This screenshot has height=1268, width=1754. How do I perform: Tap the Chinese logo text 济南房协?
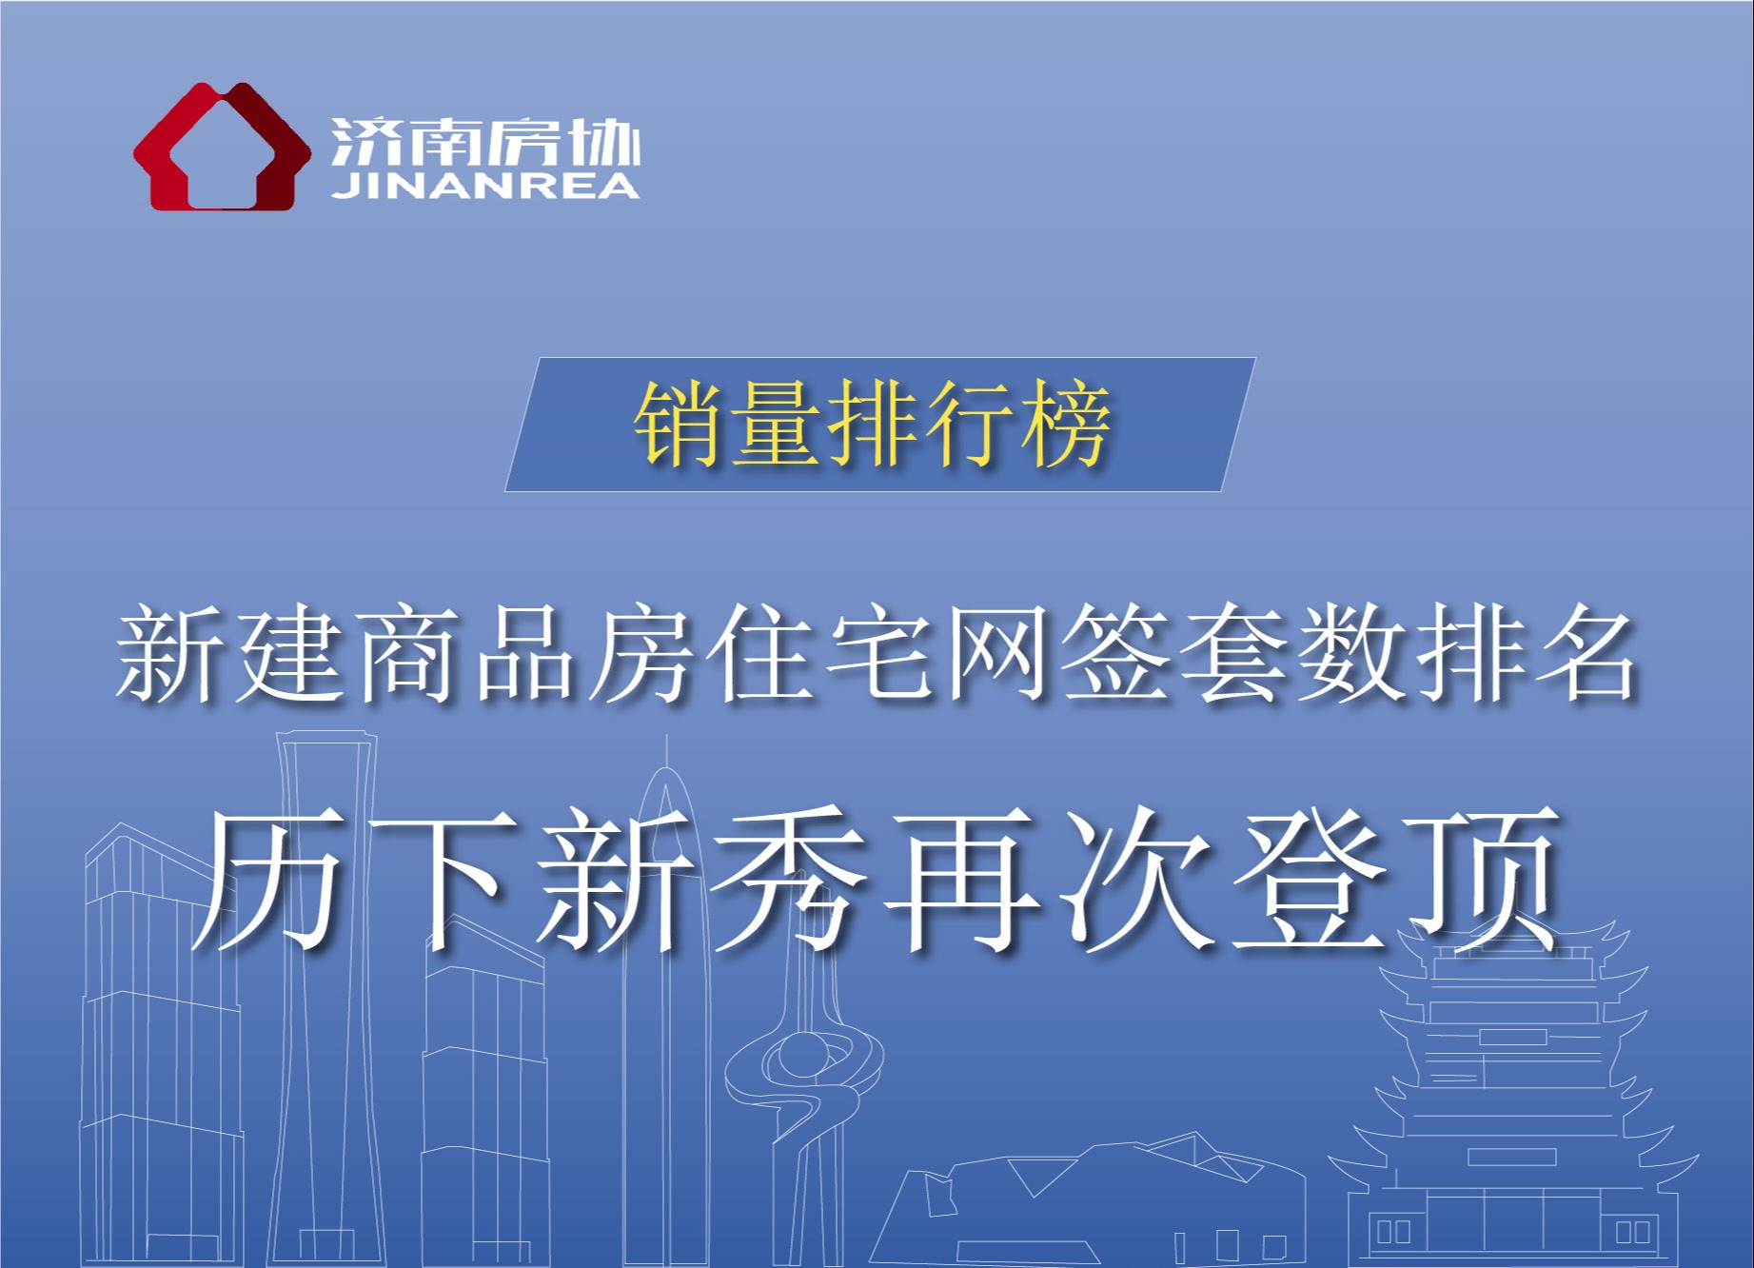(485, 145)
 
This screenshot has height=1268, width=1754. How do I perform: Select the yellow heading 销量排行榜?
(873, 425)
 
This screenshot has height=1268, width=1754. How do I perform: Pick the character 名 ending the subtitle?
(1584, 656)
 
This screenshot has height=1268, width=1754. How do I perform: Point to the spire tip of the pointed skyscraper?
(666, 735)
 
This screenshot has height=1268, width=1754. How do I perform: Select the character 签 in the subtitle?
(1113, 656)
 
